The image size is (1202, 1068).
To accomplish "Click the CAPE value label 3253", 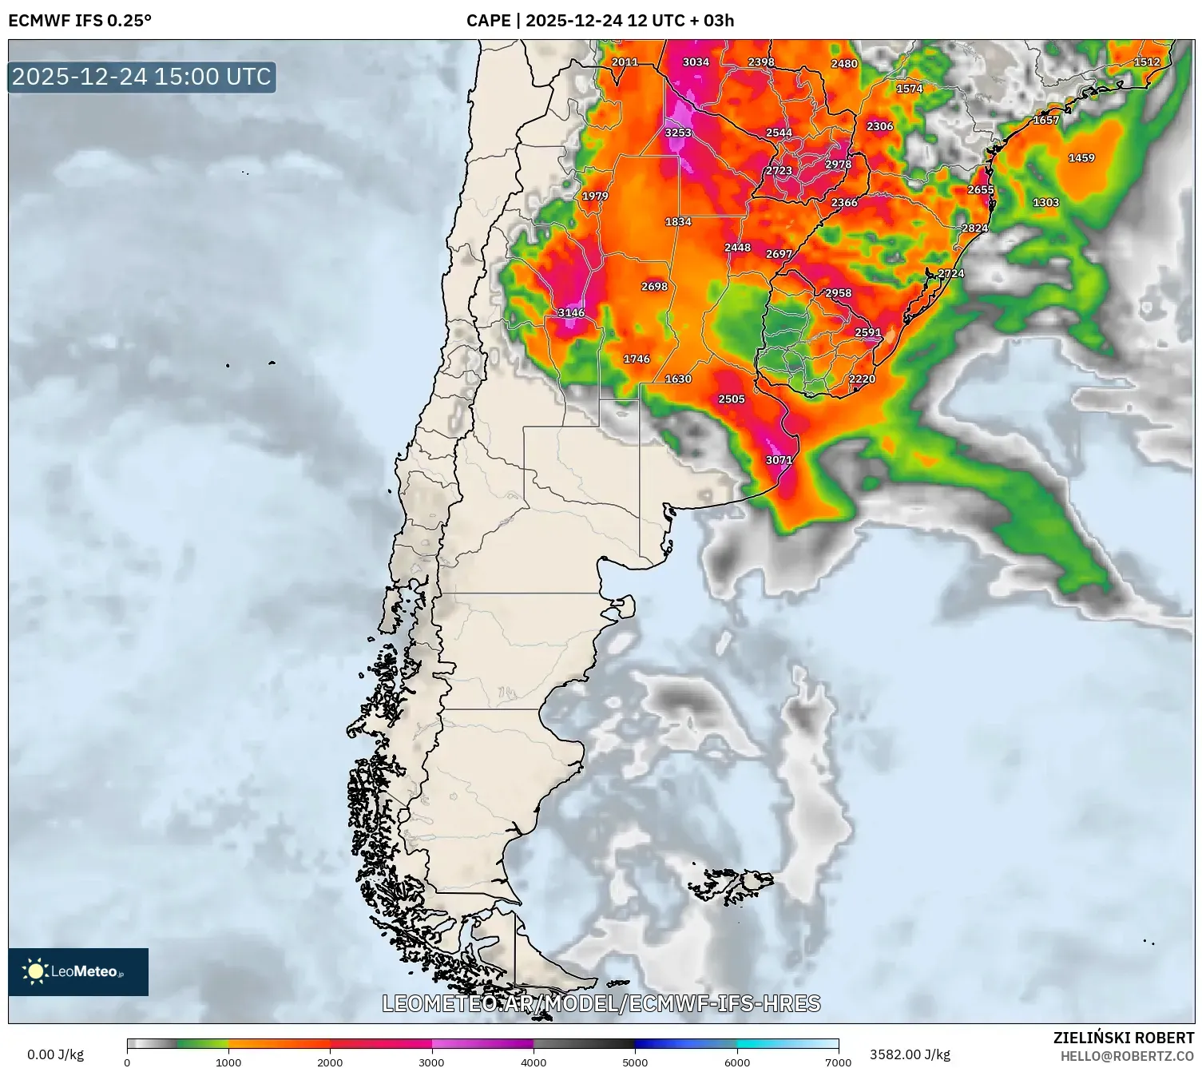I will click(678, 133).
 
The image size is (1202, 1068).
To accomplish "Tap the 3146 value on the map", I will click(571, 313).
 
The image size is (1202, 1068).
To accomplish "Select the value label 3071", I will click(779, 460).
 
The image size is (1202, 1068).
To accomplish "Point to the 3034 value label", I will click(696, 62).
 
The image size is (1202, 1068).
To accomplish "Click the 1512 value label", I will click(1147, 62).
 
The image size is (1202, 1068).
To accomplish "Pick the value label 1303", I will click(1045, 203).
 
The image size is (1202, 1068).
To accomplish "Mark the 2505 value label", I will click(732, 399).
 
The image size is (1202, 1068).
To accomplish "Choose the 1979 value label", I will click(595, 197).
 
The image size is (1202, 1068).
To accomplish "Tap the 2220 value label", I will click(862, 379).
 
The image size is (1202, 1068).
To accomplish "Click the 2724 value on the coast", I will click(951, 274).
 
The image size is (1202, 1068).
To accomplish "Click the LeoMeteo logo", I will click(78, 971).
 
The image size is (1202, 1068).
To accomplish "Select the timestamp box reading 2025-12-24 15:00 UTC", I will click(142, 77).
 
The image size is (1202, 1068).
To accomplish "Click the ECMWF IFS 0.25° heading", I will click(80, 21).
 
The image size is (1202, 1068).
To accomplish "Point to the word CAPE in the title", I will click(488, 21).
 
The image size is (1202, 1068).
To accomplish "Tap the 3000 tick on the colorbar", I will click(432, 1062).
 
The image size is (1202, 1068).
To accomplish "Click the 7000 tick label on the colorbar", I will click(838, 1062).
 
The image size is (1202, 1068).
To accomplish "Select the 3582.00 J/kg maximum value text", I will click(910, 1054).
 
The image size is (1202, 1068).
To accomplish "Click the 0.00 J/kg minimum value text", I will click(56, 1054).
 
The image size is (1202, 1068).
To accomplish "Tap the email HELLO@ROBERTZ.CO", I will click(1127, 1056).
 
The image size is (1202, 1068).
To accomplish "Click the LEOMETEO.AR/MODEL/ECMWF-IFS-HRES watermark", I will click(601, 1003).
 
